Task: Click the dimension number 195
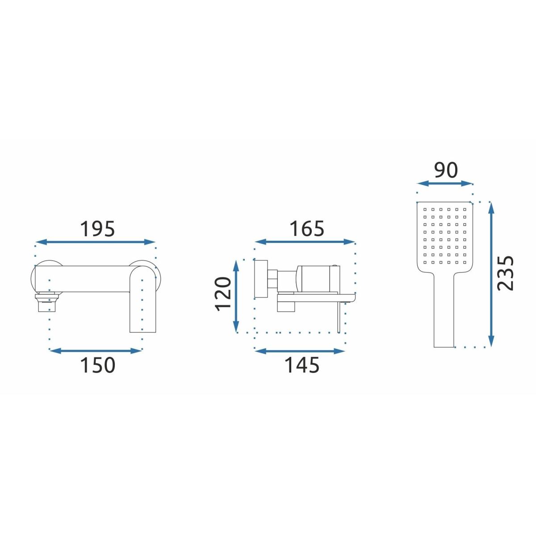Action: pos(97,229)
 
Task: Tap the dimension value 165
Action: pos(307,229)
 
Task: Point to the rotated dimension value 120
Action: pos(223,294)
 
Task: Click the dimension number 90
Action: pos(446,170)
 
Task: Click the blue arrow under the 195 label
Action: pos(96,242)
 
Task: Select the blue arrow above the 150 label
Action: pos(96,351)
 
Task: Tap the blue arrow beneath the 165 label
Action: pos(305,242)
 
